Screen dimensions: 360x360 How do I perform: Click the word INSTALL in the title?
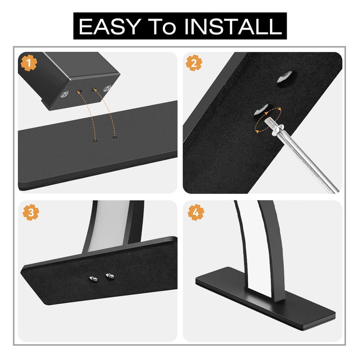point(233,27)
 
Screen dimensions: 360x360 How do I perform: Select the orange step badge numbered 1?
point(29,63)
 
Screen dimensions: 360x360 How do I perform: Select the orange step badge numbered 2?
point(194,63)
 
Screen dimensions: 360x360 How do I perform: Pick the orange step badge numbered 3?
point(31,212)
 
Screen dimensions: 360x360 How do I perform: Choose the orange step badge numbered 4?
point(196,212)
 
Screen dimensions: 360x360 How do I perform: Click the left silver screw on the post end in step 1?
point(64,94)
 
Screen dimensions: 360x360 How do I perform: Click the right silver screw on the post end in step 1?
point(107,88)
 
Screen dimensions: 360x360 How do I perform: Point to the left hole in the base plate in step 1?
point(95,140)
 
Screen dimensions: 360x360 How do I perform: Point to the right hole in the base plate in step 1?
point(115,137)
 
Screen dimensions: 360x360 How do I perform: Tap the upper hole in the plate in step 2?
point(285,77)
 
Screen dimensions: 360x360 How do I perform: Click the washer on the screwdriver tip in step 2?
point(277,129)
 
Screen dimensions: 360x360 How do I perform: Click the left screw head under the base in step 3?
point(94,279)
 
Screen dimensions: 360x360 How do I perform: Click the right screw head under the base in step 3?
point(110,276)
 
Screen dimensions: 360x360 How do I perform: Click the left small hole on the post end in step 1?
point(80,91)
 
